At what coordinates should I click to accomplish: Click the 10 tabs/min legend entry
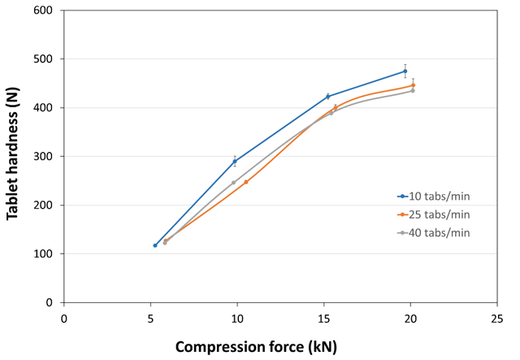click(x=439, y=197)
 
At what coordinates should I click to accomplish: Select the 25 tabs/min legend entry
click(x=439, y=215)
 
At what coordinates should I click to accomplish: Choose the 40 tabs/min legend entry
click(x=439, y=233)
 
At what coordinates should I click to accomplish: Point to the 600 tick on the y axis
click(x=45, y=11)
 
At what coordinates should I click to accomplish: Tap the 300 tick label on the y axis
click(x=45, y=156)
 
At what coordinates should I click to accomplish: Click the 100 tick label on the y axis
click(x=45, y=254)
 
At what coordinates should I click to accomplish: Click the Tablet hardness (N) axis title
click(x=13, y=156)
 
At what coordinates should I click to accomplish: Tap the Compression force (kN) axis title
click(x=256, y=346)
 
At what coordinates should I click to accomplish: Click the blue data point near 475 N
click(x=405, y=72)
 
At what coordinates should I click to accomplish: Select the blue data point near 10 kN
click(x=235, y=162)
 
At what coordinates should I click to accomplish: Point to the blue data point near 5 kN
click(x=155, y=245)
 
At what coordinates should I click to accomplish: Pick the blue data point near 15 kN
click(x=328, y=97)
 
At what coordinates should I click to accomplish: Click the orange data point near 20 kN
click(x=413, y=85)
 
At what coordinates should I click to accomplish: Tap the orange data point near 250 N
click(x=246, y=182)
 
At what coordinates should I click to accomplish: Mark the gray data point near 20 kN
click(x=412, y=91)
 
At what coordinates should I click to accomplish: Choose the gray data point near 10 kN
click(x=234, y=183)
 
